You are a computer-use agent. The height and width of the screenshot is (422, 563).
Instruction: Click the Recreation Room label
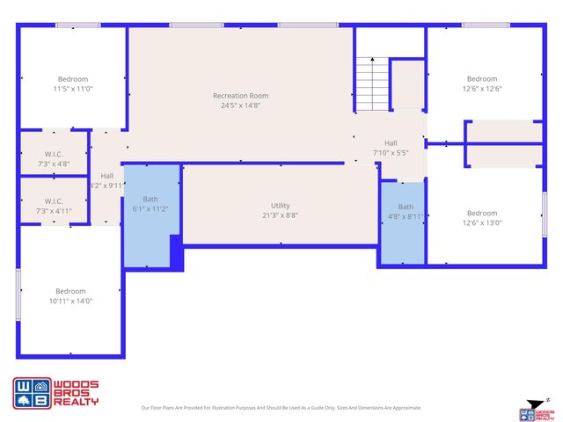pyautogui.click(x=240, y=96)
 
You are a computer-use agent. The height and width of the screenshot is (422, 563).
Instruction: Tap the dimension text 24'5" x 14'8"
pyautogui.click(x=240, y=105)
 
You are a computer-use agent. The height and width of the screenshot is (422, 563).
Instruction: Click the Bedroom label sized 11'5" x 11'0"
pyautogui.click(x=73, y=79)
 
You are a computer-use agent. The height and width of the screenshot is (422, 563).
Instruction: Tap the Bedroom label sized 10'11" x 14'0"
pyautogui.click(x=70, y=291)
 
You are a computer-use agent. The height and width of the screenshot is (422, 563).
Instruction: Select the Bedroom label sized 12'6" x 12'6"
pyautogui.click(x=482, y=79)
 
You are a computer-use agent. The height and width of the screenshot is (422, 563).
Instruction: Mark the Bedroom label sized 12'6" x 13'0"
pyautogui.click(x=482, y=213)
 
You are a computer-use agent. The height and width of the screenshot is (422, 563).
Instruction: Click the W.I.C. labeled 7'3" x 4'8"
pyautogui.click(x=54, y=154)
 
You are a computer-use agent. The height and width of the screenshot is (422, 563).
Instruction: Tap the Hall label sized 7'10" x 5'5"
pyautogui.click(x=391, y=143)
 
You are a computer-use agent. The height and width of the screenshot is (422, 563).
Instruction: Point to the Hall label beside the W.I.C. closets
pyautogui.click(x=106, y=176)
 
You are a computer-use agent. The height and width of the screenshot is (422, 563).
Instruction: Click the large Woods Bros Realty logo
pyautogui.click(x=55, y=393)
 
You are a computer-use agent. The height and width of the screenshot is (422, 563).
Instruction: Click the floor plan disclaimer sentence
pyautogui.click(x=281, y=408)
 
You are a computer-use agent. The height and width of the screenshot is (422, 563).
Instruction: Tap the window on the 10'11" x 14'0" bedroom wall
pyautogui.click(x=18, y=295)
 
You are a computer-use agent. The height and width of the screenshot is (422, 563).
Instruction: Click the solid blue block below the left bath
pyautogui.click(x=176, y=253)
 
